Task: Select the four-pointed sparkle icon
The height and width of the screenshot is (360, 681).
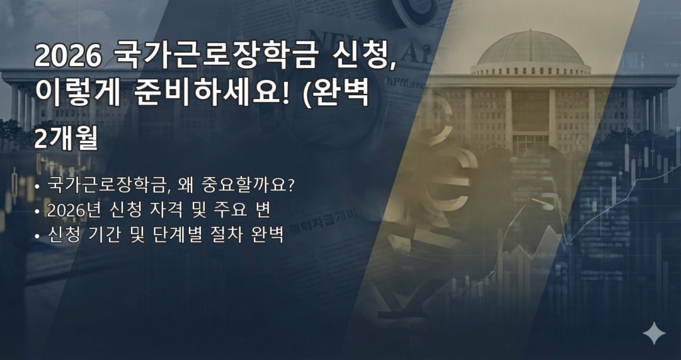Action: [654, 333]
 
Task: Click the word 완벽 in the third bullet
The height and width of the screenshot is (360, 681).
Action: [268, 235]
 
